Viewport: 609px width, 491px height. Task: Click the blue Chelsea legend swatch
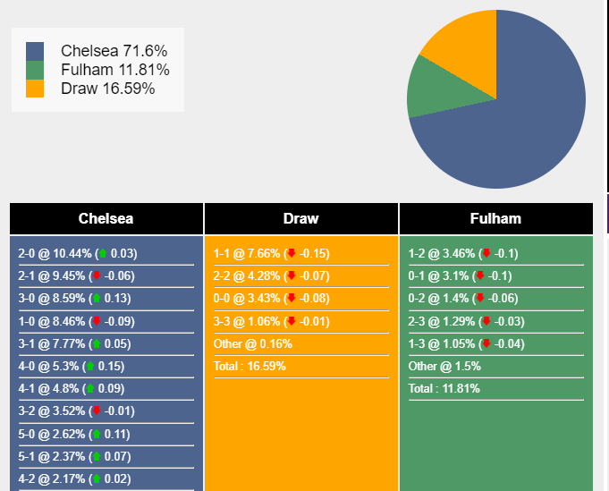coord(35,51)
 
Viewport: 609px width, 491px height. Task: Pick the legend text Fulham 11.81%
coord(114,70)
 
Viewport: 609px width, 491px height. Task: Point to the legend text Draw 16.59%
coord(107,89)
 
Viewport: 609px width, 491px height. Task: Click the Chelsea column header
coord(106,218)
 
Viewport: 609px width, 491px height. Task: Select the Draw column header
coord(300,218)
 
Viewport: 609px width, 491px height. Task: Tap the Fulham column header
coord(495,218)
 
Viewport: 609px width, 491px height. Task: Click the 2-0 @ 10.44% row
coord(78,254)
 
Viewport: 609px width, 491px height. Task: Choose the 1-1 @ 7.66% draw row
coord(271,254)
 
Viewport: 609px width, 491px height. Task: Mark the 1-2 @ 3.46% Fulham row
coord(463,254)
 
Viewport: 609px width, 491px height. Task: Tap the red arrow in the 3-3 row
coord(291,322)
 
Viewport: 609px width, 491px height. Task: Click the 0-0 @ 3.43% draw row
coord(271,299)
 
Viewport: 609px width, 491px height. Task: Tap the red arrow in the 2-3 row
coord(486,322)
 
